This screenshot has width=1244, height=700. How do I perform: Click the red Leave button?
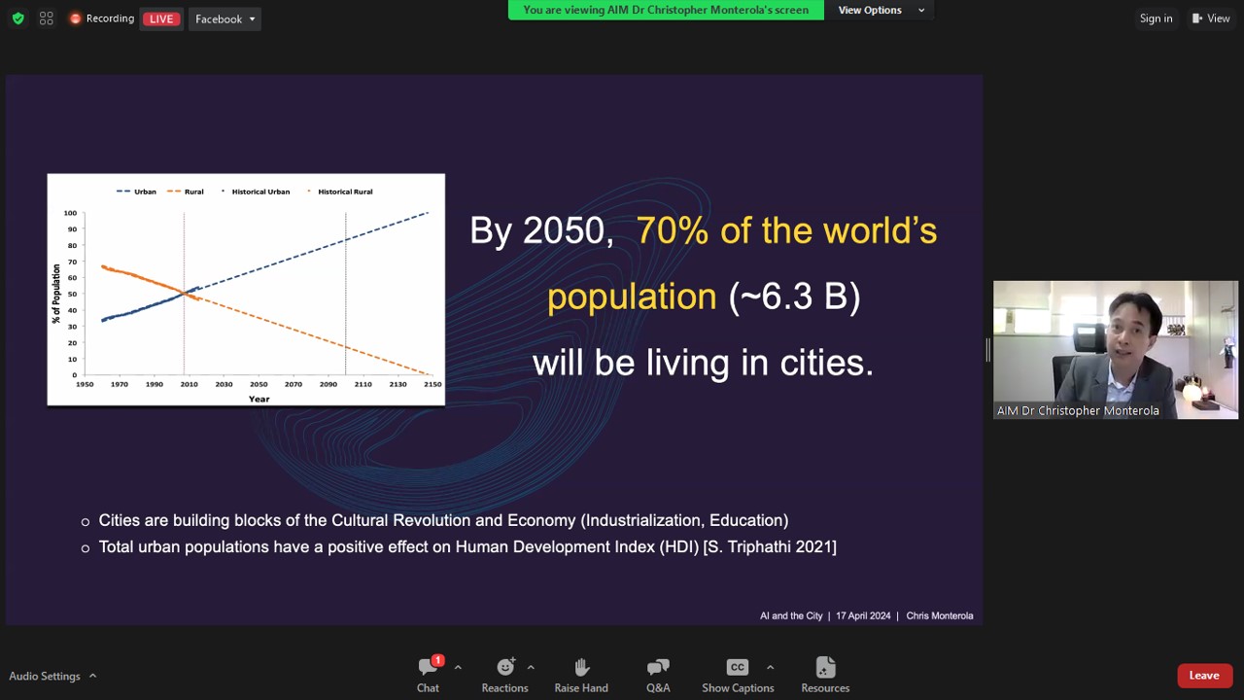click(1203, 676)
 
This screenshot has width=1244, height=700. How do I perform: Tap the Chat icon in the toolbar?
click(429, 666)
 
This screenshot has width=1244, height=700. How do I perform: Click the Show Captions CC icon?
click(737, 667)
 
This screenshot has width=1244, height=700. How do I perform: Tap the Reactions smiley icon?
click(505, 666)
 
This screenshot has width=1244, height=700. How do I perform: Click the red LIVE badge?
click(161, 18)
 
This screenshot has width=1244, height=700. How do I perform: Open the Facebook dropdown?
click(225, 18)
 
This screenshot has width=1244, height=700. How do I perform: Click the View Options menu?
click(880, 10)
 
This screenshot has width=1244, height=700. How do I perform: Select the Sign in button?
click(1156, 18)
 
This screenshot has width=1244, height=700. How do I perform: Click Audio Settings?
click(45, 676)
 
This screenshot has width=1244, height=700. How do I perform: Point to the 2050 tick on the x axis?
click(259, 384)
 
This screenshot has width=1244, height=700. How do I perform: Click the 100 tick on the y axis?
click(70, 213)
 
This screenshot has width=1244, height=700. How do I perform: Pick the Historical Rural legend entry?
click(340, 192)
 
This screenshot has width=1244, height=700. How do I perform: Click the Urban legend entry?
click(137, 192)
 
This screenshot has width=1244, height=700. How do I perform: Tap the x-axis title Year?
click(259, 399)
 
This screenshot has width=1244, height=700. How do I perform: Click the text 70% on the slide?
click(672, 230)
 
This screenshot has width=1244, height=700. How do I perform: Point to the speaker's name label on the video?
click(1078, 410)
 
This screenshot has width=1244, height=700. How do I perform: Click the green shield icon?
click(18, 18)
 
